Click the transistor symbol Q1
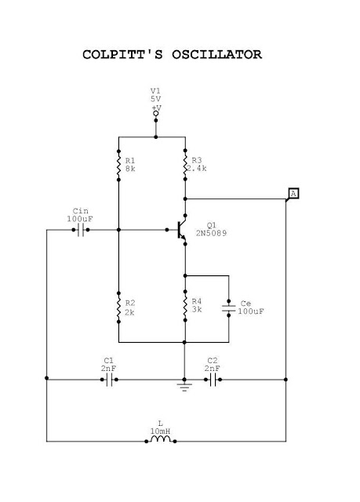click(x=180, y=230)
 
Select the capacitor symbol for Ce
click(x=228, y=308)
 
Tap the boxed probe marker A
click(x=293, y=193)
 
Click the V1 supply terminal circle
click(x=156, y=115)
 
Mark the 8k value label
click(x=129, y=169)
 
